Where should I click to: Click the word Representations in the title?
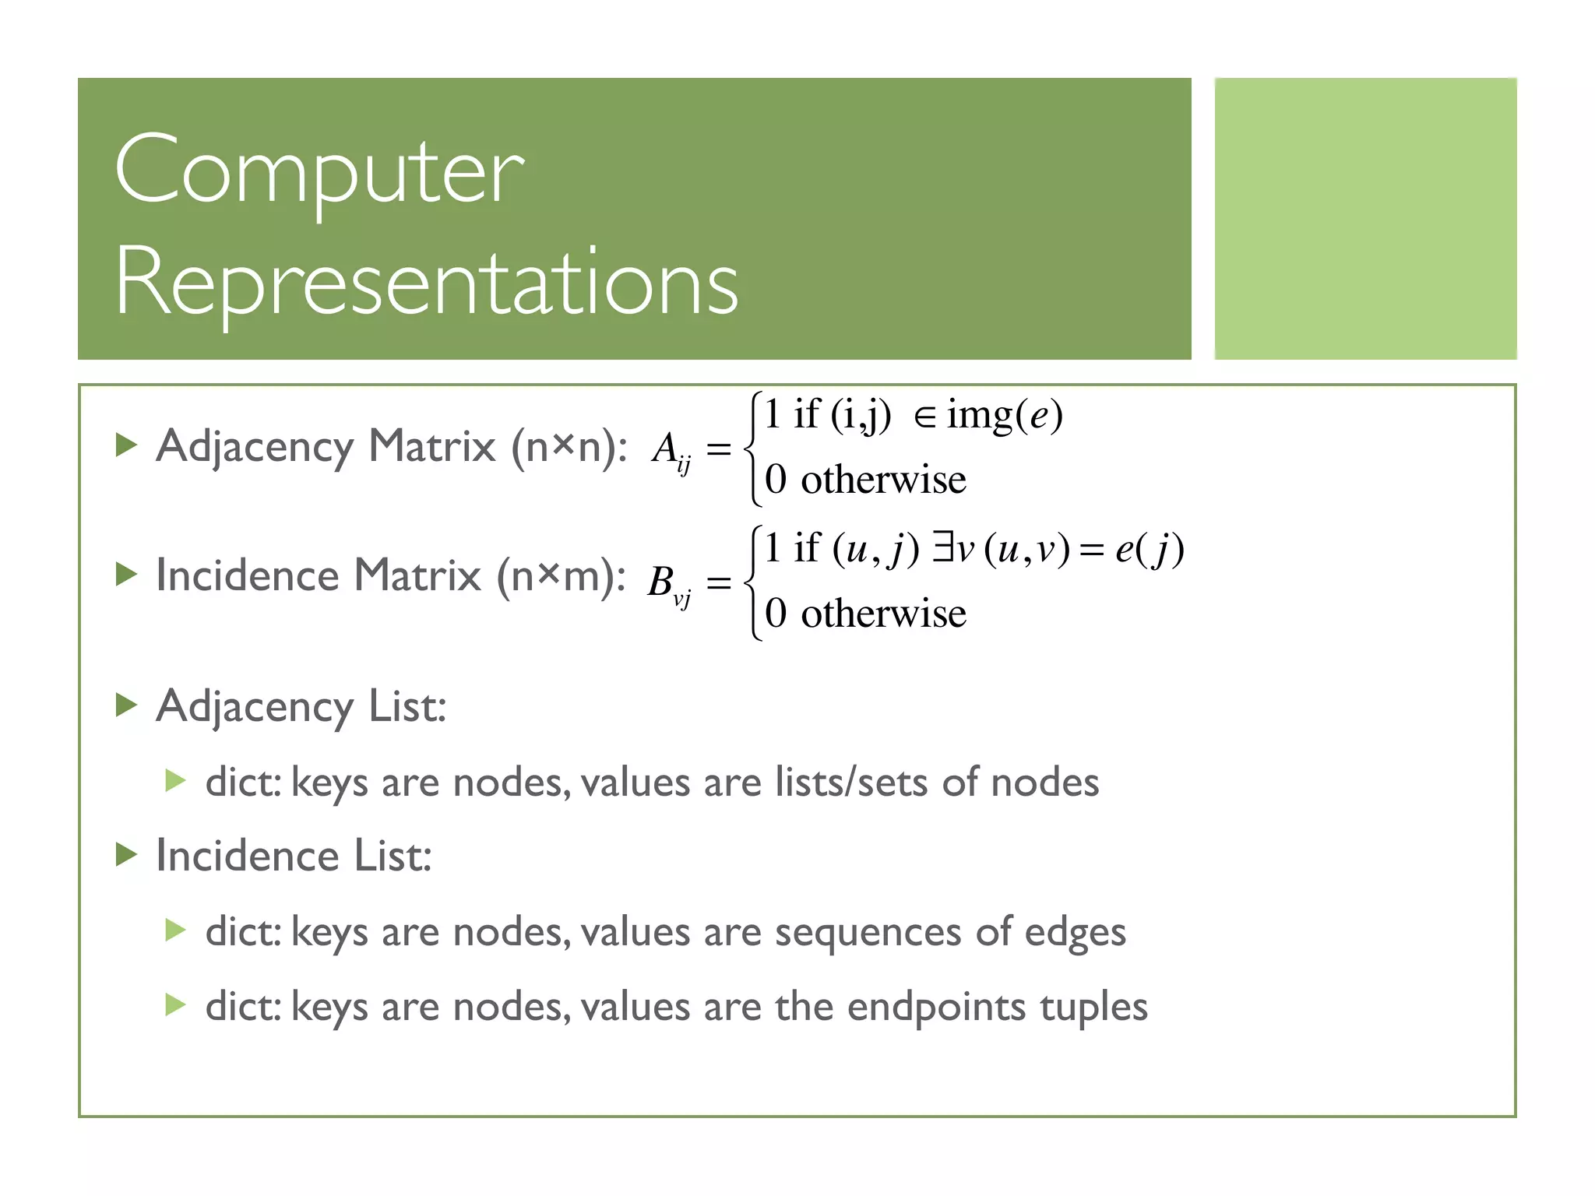tap(427, 282)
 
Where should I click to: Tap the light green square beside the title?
tap(1365, 219)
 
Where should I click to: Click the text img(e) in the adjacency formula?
tap(1005, 415)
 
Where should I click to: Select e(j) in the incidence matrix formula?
tap(1150, 549)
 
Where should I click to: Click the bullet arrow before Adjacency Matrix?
tap(126, 445)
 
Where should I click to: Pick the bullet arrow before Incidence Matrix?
tap(126, 575)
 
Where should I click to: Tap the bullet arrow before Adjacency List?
tap(126, 705)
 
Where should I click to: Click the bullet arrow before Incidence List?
tap(126, 854)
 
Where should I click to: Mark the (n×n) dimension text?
tap(569, 447)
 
